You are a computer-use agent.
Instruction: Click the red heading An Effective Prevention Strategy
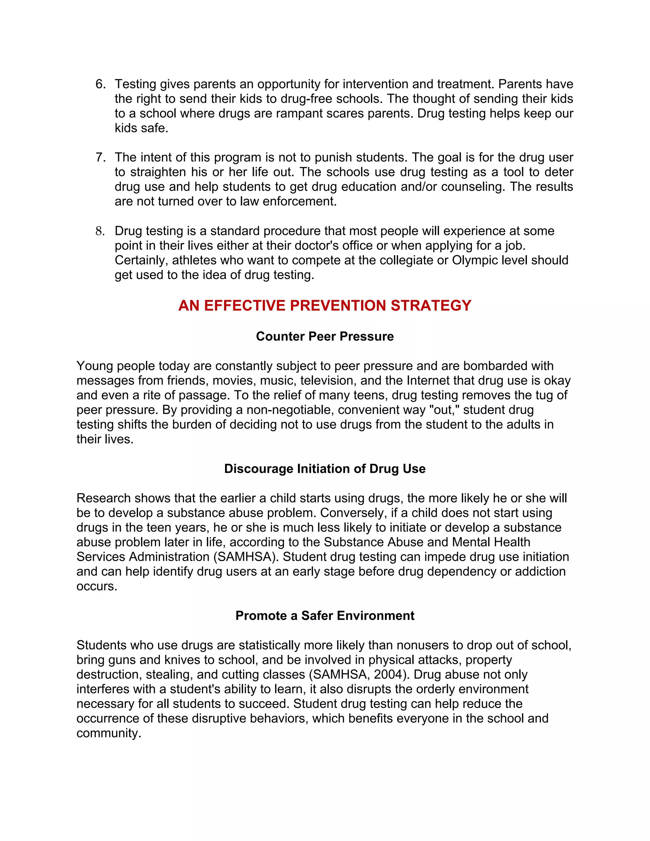click(x=325, y=305)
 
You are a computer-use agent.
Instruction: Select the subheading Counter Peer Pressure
click(x=325, y=336)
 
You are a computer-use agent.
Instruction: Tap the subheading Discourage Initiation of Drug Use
click(x=325, y=469)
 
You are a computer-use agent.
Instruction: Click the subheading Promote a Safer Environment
click(x=325, y=615)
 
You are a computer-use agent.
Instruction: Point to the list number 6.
click(x=100, y=84)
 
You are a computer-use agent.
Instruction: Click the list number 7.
click(x=100, y=157)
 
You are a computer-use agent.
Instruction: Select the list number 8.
click(x=100, y=231)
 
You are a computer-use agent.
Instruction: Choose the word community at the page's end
click(x=109, y=733)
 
